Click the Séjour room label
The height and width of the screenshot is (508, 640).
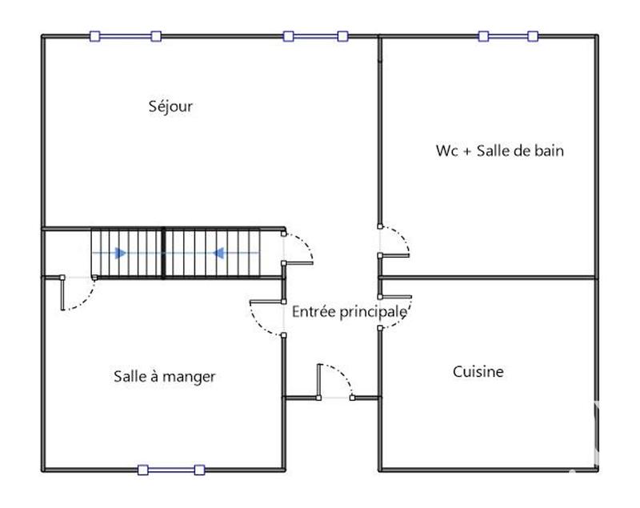(170, 106)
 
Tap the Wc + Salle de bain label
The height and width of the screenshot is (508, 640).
(500, 150)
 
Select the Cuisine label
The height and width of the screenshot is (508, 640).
(478, 371)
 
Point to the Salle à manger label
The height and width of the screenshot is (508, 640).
(164, 376)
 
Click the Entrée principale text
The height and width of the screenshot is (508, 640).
(349, 311)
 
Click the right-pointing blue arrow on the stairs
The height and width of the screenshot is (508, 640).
(119, 253)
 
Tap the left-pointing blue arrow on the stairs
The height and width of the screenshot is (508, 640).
(216, 253)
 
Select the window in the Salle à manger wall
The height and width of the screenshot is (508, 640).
(170, 470)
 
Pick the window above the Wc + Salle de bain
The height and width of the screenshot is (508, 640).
(508, 36)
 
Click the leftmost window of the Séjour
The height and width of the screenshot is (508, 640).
(126, 36)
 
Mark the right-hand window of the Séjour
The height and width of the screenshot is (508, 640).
(314, 36)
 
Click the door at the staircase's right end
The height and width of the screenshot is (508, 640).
(298, 248)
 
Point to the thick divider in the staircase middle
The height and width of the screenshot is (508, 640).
(164, 253)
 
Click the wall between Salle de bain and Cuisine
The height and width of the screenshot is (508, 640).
(488, 278)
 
